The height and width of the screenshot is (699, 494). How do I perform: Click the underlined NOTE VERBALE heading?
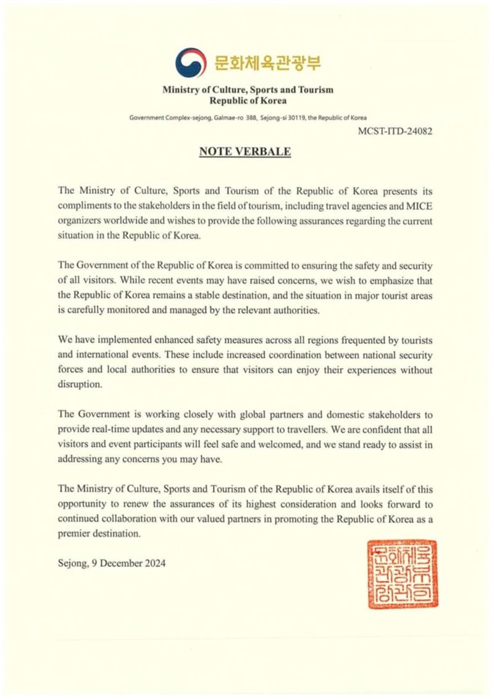click(x=245, y=151)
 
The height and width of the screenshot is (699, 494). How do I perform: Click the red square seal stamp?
click(x=402, y=574)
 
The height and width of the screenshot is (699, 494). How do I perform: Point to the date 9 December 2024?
click(x=128, y=563)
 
